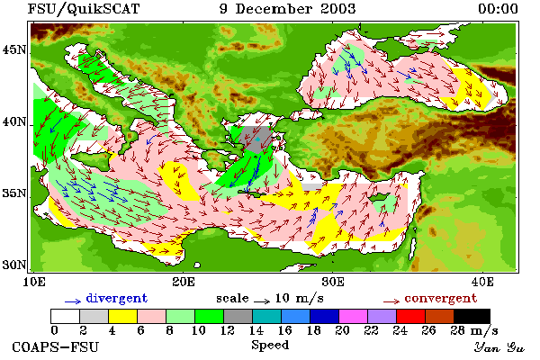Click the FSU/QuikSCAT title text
click(x=84, y=9)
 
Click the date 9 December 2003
click(x=288, y=9)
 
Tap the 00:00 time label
click(x=498, y=9)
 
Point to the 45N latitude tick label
click(x=14, y=49)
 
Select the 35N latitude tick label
click(x=14, y=193)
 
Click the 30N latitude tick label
click(x=14, y=265)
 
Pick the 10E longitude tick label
click(x=34, y=282)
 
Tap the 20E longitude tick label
click(x=184, y=282)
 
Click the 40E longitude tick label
click(x=482, y=282)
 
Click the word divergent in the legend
click(x=117, y=298)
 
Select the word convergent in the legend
click(x=441, y=298)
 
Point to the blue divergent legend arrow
click(x=73, y=301)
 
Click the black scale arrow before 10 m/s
click(x=262, y=301)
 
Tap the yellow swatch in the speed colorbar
click(x=123, y=316)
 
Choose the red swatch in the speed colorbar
click(x=411, y=316)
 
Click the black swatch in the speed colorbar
click(x=472, y=316)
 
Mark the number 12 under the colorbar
click(x=227, y=330)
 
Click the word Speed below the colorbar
click(x=270, y=346)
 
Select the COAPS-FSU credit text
click(x=55, y=346)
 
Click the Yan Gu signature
click(x=499, y=347)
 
